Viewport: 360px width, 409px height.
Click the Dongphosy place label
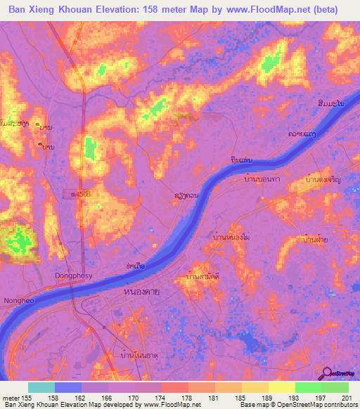coord(73,276)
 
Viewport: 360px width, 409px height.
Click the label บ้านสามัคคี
coord(202,277)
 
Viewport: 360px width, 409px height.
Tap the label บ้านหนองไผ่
coord(231,238)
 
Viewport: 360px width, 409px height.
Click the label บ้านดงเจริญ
coord(323,180)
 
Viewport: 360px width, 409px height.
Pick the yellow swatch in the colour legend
coord(281,387)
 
